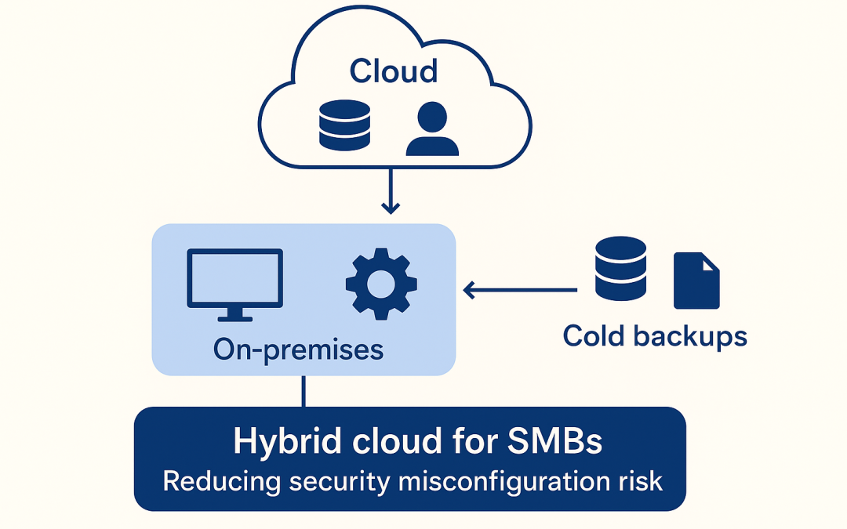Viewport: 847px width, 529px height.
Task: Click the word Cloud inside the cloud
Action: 393,71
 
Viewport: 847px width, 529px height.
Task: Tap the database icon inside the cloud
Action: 344,125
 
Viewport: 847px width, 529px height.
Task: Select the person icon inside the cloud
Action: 431,130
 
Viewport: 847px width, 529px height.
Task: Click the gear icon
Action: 382,284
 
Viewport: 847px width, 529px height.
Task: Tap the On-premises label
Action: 298,349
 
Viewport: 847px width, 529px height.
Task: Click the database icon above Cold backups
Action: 620,269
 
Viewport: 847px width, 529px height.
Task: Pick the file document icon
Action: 696,280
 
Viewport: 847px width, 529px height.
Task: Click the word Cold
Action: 594,336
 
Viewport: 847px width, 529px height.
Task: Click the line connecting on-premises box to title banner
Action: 304,391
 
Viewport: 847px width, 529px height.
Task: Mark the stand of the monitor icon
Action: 234,315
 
